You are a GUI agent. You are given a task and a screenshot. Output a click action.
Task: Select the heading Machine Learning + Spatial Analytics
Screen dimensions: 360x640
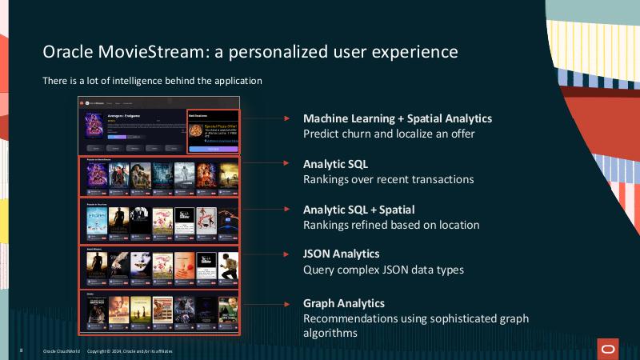pyautogui.click(x=397, y=118)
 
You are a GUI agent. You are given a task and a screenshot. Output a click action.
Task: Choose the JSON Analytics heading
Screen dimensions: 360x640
pyautogui.click(x=341, y=254)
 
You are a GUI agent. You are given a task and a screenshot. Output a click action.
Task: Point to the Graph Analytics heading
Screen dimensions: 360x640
pyautogui.click(x=344, y=303)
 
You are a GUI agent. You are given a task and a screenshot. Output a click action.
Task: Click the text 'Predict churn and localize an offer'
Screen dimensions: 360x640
pyautogui.click(x=389, y=134)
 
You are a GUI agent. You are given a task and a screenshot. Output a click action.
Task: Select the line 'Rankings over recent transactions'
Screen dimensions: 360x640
pyautogui.click(x=388, y=179)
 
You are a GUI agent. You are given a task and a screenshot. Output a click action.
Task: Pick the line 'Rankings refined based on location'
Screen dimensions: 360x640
pyautogui.click(x=391, y=225)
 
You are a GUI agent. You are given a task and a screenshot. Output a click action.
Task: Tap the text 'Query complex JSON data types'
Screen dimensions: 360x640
pyautogui.click(x=383, y=270)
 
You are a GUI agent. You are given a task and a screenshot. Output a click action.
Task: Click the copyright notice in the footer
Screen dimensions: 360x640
pyautogui.click(x=130, y=351)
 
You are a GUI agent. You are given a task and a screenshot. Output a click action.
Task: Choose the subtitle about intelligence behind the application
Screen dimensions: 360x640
pyautogui.click(x=152, y=81)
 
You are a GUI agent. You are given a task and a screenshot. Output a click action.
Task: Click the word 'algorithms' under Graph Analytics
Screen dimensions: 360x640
pyautogui.click(x=330, y=334)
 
